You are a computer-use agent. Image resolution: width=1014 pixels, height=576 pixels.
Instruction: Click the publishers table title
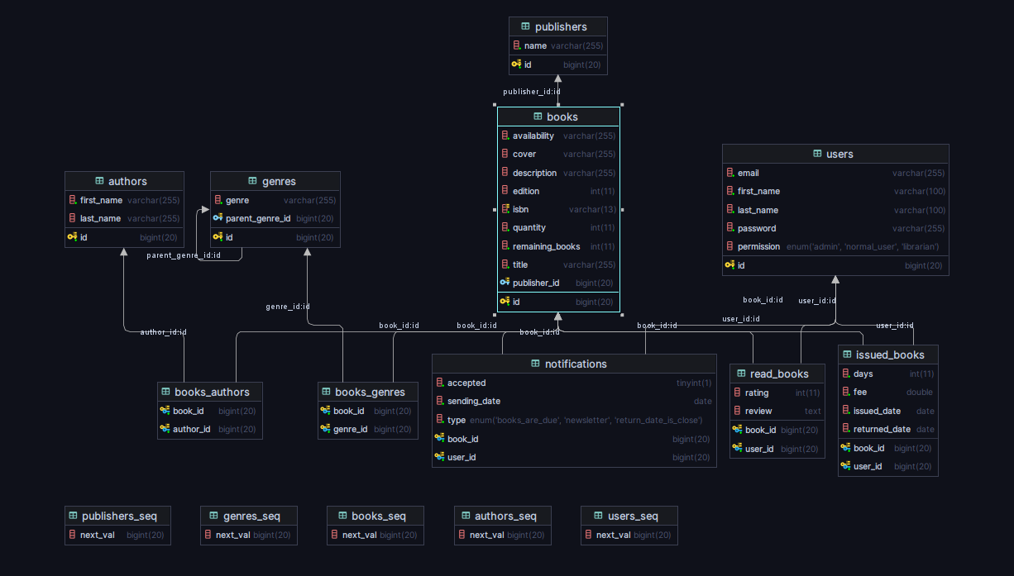[x=560, y=27]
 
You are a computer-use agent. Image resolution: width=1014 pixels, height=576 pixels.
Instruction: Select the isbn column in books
[x=520, y=210]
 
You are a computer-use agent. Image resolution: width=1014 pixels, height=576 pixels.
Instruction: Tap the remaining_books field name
[x=546, y=246]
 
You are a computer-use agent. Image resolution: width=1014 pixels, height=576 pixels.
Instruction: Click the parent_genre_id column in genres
[x=258, y=219]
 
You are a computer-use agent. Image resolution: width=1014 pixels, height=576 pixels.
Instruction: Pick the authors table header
[x=127, y=182]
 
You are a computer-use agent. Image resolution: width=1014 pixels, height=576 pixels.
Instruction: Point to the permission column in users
[x=758, y=247]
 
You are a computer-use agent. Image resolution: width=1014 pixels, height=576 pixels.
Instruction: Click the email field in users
[x=748, y=174]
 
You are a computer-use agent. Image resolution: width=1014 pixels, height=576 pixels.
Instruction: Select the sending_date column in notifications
[x=474, y=402]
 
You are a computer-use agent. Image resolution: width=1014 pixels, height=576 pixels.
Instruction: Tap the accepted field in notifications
[x=466, y=383]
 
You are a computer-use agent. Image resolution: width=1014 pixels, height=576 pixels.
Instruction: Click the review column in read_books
[x=758, y=412]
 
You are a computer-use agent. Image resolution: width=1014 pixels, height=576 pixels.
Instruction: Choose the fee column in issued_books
[x=860, y=393]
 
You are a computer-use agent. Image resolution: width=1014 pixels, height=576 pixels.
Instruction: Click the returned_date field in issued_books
[x=882, y=430]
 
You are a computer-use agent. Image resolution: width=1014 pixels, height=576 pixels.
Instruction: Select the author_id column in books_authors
[x=191, y=430]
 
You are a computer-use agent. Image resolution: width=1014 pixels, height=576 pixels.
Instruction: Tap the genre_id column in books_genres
[x=351, y=430]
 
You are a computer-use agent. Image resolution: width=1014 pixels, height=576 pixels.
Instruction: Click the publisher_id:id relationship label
[x=532, y=92]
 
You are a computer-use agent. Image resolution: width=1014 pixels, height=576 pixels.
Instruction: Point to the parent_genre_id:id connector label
[x=184, y=255]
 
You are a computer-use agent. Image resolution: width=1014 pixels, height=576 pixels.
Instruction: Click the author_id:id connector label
[x=163, y=332]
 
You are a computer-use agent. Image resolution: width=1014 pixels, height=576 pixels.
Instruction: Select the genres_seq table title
[x=251, y=516]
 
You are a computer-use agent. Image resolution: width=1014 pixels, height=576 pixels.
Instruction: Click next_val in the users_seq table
[x=614, y=536]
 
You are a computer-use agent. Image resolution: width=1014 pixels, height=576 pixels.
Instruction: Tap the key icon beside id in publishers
[x=516, y=64]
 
